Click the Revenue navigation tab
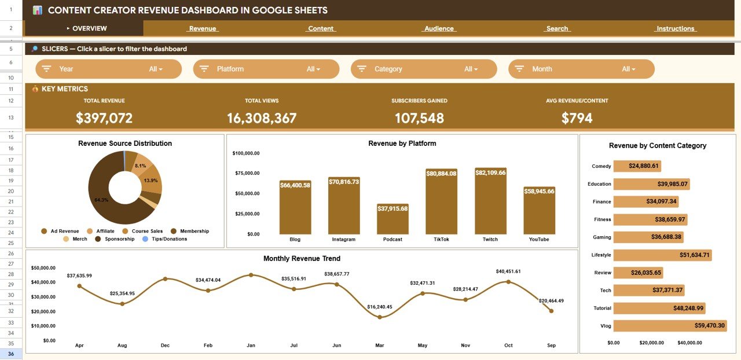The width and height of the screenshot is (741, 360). click(x=203, y=28)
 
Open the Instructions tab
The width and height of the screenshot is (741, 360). click(x=675, y=28)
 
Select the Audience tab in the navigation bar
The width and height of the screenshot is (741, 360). click(x=439, y=28)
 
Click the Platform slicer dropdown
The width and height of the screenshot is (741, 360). click(x=266, y=69)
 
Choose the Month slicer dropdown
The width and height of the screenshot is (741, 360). click(x=581, y=69)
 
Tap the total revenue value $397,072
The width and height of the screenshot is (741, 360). click(x=104, y=118)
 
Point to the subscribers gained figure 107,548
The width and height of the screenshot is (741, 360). click(x=419, y=118)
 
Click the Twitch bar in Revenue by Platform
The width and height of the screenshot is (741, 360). click(x=490, y=203)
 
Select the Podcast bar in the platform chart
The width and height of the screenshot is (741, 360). click(x=392, y=220)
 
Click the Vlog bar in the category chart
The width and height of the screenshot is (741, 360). click(x=669, y=326)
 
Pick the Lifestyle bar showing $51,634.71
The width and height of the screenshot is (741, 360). click(x=662, y=255)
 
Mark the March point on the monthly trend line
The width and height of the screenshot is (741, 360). click(x=380, y=317)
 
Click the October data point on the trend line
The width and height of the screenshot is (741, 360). click(x=508, y=282)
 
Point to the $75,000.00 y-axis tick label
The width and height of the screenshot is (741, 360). click(x=246, y=173)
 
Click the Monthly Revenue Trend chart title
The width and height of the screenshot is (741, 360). click(x=302, y=259)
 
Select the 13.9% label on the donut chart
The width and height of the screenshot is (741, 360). click(x=151, y=181)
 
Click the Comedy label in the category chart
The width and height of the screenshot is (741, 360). click(x=601, y=166)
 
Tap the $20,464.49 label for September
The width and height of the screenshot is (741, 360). click(x=551, y=301)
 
